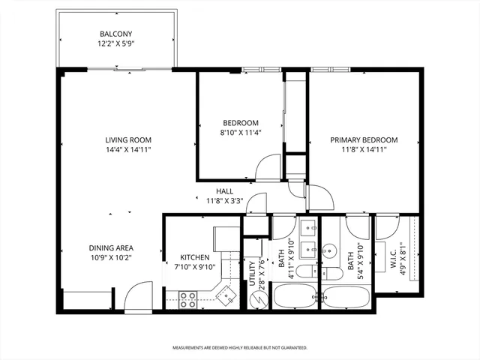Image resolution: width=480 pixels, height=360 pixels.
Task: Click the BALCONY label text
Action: [x=118, y=34]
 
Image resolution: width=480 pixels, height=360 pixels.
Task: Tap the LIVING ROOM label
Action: [x=128, y=139]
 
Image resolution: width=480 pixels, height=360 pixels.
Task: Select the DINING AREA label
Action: [x=112, y=248]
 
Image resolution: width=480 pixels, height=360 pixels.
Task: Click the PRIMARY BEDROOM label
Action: [x=363, y=139]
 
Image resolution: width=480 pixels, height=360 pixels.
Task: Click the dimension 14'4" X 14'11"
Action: [x=128, y=149]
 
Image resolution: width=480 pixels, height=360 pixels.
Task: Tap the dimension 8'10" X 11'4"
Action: [x=241, y=133]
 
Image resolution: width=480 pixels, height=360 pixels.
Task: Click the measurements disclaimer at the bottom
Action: [x=240, y=348]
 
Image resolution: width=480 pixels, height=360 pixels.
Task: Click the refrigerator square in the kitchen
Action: [x=223, y=238]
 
